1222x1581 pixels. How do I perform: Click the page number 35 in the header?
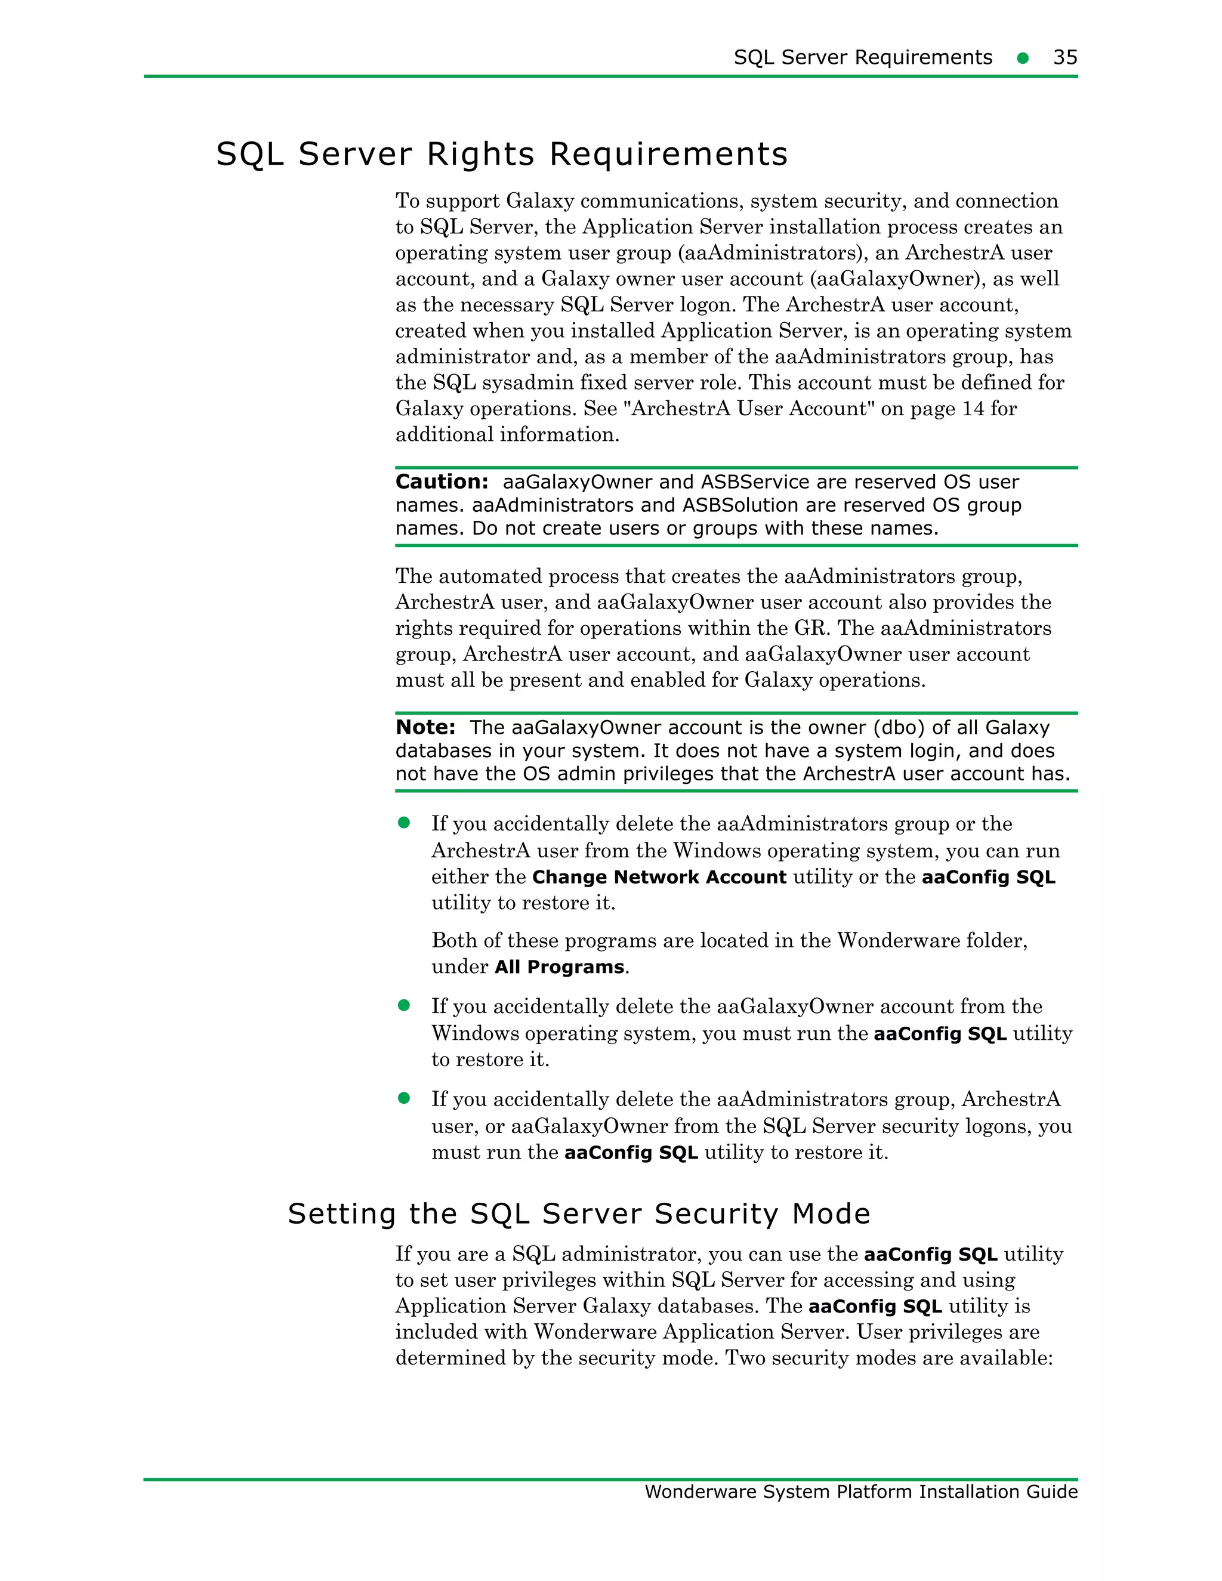click(x=1065, y=57)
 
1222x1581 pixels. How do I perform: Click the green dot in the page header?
click(x=1022, y=58)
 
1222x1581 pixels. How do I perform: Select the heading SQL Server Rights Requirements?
click(x=502, y=154)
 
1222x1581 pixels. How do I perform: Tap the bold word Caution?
click(x=442, y=482)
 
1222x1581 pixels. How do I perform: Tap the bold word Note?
click(x=425, y=727)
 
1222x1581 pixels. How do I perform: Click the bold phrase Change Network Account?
click(x=659, y=878)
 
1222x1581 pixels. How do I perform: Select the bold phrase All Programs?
click(x=559, y=967)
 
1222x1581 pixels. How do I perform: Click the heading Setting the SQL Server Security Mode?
click(x=578, y=1214)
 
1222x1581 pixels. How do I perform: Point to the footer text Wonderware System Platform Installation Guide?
click(x=861, y=1492)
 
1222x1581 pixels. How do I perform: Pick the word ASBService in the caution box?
click(x=754, y=482)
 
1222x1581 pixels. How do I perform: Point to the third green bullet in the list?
click(x=404, y=1098)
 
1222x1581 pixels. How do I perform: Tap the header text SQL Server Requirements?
click(x=862, y=57)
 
